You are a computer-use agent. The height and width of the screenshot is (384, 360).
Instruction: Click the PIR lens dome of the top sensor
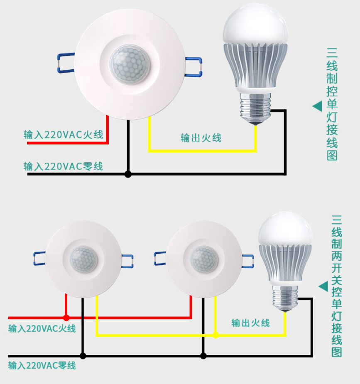click(130, 65)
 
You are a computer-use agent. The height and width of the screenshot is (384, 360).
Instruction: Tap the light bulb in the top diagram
click(255, 54)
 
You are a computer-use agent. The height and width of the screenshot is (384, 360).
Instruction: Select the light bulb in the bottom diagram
click(285, 253)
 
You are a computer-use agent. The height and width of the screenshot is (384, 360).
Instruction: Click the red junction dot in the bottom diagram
click(66, 318)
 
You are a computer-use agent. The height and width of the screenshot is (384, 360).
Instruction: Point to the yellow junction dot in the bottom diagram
click(216, 335)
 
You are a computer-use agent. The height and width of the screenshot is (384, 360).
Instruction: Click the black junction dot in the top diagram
click(128, 174)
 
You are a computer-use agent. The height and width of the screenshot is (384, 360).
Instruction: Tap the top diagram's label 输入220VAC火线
click(63, 135)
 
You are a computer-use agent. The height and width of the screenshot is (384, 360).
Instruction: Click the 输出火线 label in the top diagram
click(201, 138)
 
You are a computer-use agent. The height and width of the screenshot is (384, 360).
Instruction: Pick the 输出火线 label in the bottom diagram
click(251, 323)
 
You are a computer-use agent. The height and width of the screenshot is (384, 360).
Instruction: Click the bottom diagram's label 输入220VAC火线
click(42, 328)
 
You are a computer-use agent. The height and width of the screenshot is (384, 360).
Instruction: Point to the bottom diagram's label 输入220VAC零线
click(42, 366)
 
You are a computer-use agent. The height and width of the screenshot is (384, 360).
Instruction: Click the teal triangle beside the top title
click(317, 106)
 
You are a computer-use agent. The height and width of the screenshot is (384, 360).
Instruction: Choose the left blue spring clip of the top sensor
click(65, 63)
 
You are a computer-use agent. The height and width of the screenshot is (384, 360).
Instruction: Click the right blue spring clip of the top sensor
click(193, 67)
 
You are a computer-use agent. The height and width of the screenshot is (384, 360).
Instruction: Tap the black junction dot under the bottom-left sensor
click(83, 356)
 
